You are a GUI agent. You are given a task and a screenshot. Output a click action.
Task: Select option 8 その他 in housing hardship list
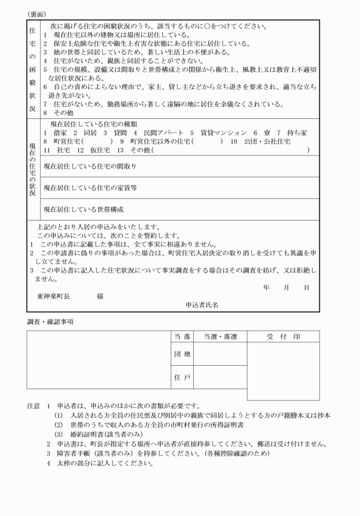click(56, 113)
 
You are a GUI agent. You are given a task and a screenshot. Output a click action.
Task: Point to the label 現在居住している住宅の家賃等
click(90, 187)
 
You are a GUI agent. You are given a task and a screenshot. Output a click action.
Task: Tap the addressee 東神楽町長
click(55, 297)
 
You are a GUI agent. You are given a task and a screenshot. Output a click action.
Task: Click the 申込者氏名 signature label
click(202, 305)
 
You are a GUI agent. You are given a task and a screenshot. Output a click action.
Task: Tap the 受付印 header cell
click(283, 337)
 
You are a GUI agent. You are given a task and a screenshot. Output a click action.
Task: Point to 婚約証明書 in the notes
click(89, 434)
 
